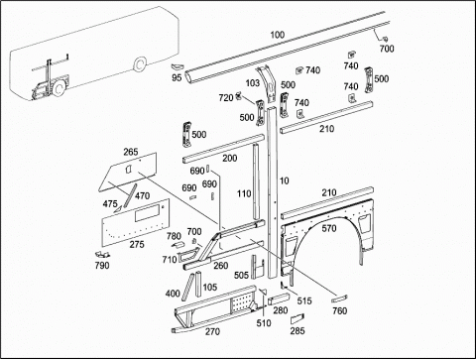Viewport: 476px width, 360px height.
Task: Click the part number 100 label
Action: click(278, 35)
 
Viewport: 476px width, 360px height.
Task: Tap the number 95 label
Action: click(177, 77)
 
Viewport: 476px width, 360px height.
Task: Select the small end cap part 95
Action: click(177, 66)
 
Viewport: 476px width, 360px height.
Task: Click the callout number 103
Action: click(253, 83)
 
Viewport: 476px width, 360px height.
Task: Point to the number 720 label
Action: click(226, 98)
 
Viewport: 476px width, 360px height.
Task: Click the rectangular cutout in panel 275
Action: click(147, 213)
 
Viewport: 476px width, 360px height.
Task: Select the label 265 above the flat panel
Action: click(131, 152)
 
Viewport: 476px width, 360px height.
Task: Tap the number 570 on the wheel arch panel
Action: click(329, 228)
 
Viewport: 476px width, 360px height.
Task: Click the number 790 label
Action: click(102, 266)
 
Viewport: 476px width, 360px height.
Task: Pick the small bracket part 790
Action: click(102, 254)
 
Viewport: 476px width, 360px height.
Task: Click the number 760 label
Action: click(340, 310)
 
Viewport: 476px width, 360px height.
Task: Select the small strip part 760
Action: click(339, 299)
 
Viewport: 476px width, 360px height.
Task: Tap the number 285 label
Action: click(297, 330)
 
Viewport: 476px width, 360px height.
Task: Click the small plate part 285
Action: click(297, 318)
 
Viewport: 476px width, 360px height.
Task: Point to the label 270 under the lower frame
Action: click(212, 331)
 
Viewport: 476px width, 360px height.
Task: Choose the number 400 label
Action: click(173, 294)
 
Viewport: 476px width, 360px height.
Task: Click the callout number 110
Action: click(244, 193)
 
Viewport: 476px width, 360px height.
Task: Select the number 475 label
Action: click(110, 204)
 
